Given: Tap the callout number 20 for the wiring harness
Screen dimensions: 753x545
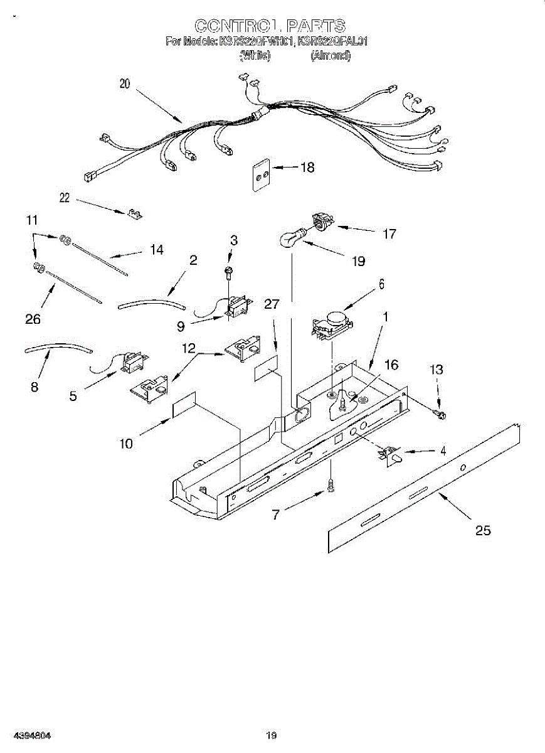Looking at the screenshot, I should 125,84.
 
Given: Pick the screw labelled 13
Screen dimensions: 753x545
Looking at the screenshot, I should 440,413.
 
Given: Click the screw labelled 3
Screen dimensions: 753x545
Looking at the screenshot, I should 230,271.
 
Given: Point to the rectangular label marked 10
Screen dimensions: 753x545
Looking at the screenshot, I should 184,406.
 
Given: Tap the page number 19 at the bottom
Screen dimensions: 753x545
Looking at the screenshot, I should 271,735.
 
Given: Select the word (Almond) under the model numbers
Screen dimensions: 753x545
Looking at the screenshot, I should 331,56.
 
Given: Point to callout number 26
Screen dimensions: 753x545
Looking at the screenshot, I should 33,319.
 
